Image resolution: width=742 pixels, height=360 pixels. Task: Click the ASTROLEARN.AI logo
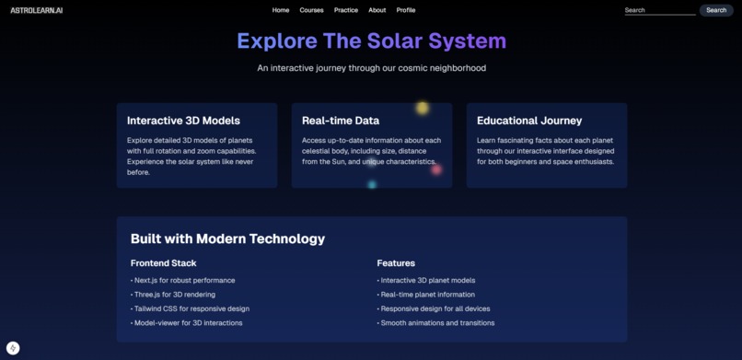click(37, 10)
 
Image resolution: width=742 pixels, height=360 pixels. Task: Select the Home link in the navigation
click(281, 10)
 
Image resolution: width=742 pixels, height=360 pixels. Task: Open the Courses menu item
click(312, 10)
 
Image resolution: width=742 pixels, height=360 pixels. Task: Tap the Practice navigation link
click(346, 10)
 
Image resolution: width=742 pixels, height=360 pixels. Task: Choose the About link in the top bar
click(377, 10)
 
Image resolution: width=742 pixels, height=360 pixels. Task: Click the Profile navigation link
click(406, 10)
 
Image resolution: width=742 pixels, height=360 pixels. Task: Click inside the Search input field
click(659, 10)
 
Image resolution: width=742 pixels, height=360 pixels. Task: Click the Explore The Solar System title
click(371, 41)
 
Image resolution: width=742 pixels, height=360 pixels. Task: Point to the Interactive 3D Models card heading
click(183, 121)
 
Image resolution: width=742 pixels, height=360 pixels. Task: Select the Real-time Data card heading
click(341, 121)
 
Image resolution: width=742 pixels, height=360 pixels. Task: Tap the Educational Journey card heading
click(529, 121)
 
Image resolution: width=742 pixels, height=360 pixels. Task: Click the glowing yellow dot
click(423, 108)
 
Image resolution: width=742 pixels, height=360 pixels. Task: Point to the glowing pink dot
click(436, 168)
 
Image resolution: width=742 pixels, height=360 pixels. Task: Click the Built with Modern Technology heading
click(227, 238)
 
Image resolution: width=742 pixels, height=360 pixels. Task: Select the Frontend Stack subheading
click(163, 263)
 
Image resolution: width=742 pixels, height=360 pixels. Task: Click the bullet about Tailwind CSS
click(191, 308)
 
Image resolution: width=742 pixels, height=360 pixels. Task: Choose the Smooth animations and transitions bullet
click(437, 323)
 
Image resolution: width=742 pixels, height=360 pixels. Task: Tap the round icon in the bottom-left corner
click(13, 348)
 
